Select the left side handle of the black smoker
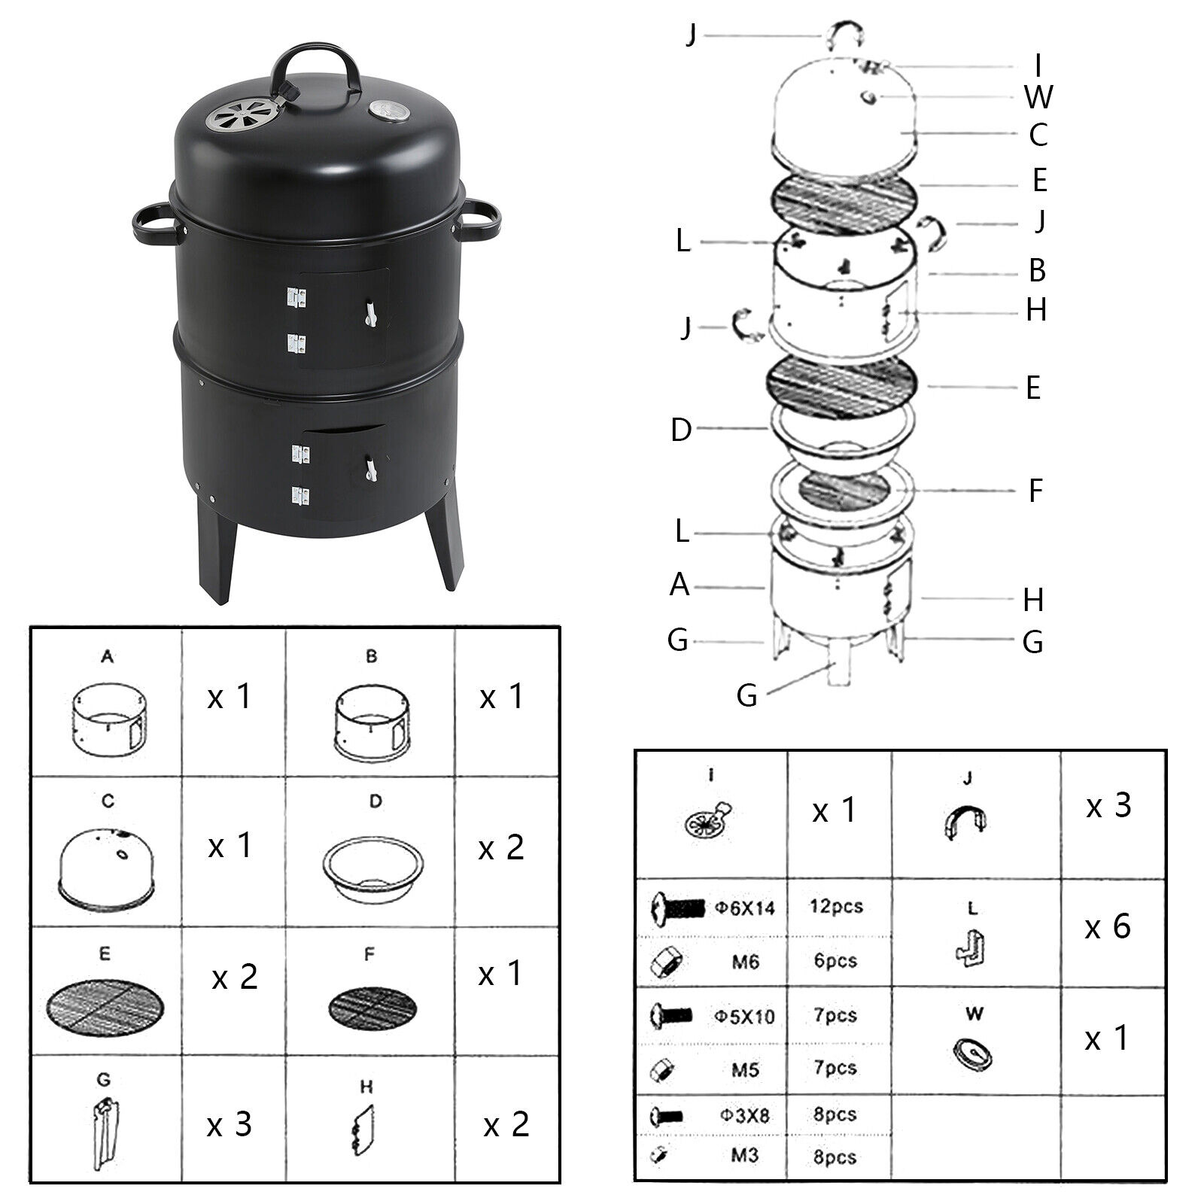(154, 221)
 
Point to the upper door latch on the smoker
(369, 312)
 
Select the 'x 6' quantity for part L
(1108, 926)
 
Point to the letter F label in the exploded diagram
(1035, 491)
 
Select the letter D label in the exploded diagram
(680, 430)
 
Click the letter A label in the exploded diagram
(679, 584)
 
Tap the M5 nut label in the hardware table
(745, 1069)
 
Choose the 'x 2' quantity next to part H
(506, 1125)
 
